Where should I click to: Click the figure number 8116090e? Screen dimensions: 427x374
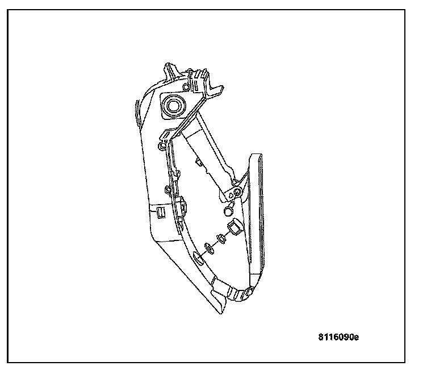pos(338,336)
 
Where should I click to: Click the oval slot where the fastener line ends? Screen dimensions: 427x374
pos(198,259)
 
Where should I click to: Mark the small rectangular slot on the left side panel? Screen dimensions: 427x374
pos(160,213)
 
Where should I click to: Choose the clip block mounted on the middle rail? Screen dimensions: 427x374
pos(181,205)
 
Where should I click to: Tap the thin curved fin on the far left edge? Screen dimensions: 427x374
pos(136,111)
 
